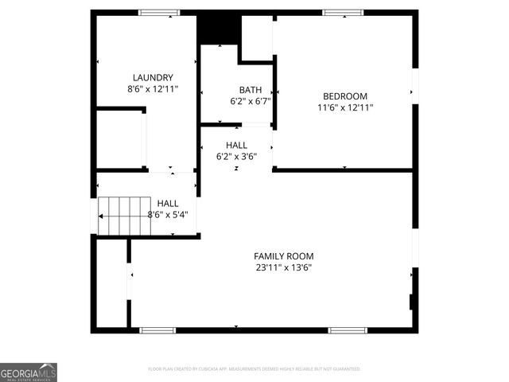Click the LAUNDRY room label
point(147,77)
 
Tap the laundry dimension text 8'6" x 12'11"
point(147,89)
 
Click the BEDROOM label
point(344,95)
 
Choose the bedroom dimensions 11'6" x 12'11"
point(344,107)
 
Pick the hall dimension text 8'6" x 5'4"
point(168,214)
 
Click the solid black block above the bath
point(219,29)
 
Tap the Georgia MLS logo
point(29,372)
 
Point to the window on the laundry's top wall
point(159,13)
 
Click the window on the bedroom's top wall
point(343,13)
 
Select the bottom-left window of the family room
point(157,329)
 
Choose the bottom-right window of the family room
point(348,329)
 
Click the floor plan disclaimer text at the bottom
point(254,369)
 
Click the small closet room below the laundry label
point(119,139)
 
